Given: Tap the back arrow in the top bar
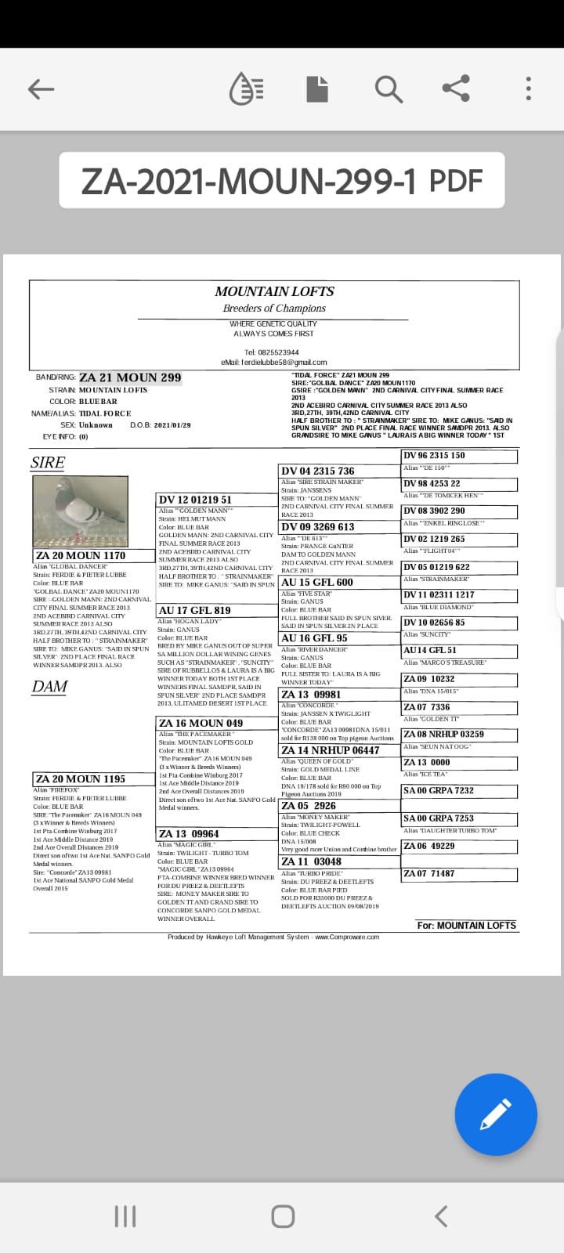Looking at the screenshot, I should click(41, 89).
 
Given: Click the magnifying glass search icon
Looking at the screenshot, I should click(389, 89).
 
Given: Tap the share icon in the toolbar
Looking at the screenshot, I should click(456, 89).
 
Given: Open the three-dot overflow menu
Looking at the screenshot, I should click(529, 89).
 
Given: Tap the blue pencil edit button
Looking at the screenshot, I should click(496, 1115).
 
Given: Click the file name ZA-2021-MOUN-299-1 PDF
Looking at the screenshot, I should click(282, 181).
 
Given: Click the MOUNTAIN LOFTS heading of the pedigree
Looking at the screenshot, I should click(274, 291).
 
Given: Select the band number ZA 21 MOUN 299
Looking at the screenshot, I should click(130, 377).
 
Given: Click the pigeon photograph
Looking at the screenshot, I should click(80, 511).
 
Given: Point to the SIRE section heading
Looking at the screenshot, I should click(48, 462).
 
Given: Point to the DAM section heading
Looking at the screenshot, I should click(49, 687).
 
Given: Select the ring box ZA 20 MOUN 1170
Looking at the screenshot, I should click(80, 556).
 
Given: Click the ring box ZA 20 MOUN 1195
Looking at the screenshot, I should click(80, 779).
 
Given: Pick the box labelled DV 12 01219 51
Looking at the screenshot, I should click(196, 500).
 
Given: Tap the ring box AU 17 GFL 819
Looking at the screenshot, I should click(195, 611).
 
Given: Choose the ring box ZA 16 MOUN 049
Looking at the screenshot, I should click(201, 723).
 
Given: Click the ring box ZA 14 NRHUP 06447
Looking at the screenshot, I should click(330, 750).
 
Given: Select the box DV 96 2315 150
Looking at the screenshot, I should click(434, 456).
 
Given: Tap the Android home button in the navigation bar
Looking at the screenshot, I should click(282, 1216).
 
